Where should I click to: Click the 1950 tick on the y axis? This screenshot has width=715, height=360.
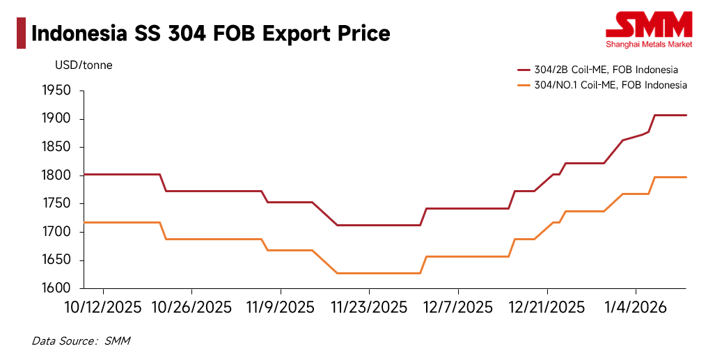tap(57, 91)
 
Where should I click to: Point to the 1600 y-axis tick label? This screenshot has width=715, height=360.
tap(57, 288)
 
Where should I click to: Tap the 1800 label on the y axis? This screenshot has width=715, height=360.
tap(57, 175)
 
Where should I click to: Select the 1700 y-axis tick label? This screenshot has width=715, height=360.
tap(57, 232)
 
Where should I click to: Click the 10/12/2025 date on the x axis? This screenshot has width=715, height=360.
tap(104, 307)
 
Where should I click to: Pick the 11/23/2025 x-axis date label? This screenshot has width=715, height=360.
tap(369, 307)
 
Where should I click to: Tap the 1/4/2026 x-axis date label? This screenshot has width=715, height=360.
tap(636, 307)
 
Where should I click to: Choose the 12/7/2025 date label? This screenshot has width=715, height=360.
tap(457, 307)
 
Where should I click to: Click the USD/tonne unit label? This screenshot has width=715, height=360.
tap(84, 65)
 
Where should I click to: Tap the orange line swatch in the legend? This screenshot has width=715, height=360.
tap(524, 85)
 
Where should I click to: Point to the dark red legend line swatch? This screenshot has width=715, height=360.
tap(524, 70)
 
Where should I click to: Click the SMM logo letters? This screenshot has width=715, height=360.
tap(649, 25)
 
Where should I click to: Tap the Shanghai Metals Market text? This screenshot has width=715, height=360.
tap(649, 45)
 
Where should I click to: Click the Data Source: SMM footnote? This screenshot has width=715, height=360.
tap(81, 341)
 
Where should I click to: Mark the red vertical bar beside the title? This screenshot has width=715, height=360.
tap(21, 33)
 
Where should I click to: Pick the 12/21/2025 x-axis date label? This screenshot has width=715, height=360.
tap(547, 307)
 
